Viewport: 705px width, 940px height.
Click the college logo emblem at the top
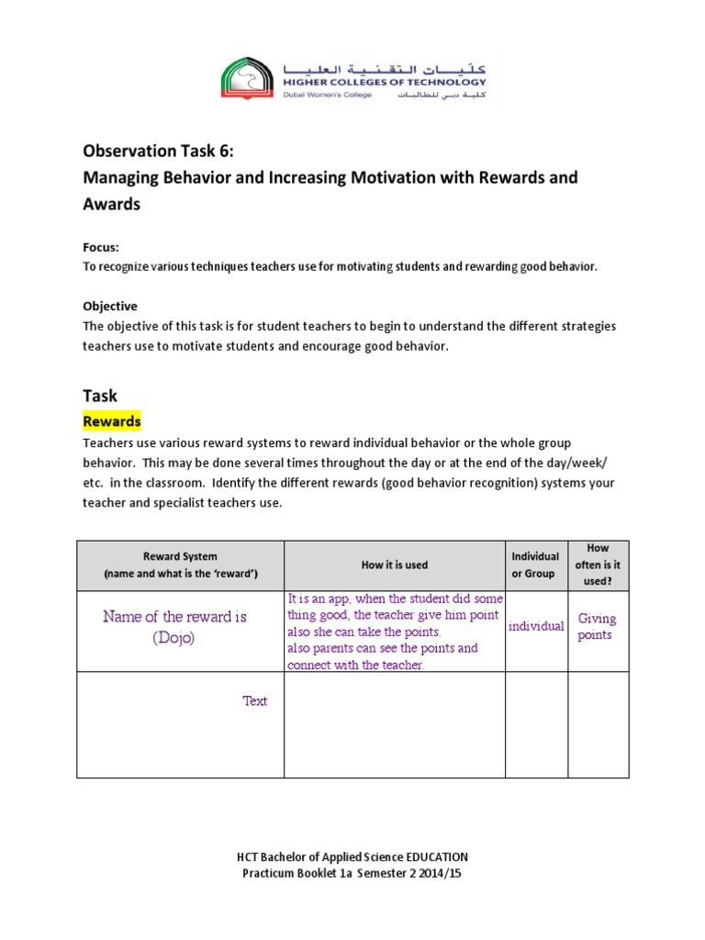click(x=246, y=78)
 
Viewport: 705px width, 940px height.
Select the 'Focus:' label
click(x=101, y=248)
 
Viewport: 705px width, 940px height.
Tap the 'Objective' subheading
click(x=110, y=307)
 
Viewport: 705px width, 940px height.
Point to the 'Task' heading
click(x=100, y=396)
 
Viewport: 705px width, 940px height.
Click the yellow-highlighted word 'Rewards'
click(x=112, y=421)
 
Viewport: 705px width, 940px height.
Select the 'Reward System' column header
click(x=180, y=556)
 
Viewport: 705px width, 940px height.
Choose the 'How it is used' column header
click(x=395, y=565)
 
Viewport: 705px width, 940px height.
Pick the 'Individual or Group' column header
click(x=535, y=565)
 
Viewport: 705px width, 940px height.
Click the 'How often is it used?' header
click(x=599, y=565)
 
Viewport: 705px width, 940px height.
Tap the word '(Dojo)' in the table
click(x=174, y=638)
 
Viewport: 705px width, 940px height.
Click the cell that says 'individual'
click(x=536, y=626)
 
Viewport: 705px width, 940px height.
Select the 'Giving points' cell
click(x=597, y=627)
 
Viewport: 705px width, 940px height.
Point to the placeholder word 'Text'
click(x=255, y=701)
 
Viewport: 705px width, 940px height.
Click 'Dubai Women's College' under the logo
click(x=328, y=95)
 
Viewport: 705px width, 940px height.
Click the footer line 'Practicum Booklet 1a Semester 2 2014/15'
click(x=352, y=874)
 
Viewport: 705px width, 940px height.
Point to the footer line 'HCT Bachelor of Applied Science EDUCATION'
click(x=352, y=857)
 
